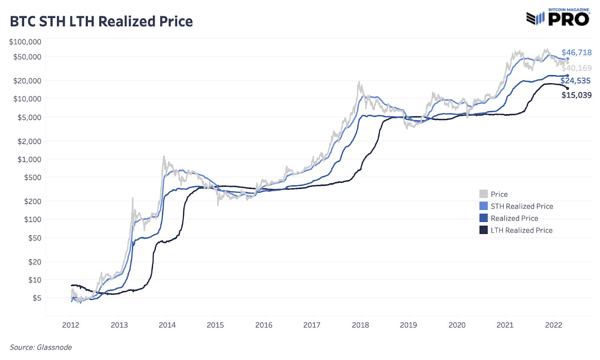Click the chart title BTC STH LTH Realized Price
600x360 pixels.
(x=101, y=21)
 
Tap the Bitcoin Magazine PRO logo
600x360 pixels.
(x=558, y=18)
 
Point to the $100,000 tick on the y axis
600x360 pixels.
(x=25, y=42)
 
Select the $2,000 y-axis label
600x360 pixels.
(x=29, y=141)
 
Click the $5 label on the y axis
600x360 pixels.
(x=37, y=298)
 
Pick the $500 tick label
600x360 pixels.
(x=33, y=177)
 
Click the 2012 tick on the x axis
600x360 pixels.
(x=70, y=325)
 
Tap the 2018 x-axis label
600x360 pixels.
(x=360, y=325)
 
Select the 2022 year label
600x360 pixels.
(x=553, y=325)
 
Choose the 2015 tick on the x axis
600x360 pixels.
(x=215, y=325)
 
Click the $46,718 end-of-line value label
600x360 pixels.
(x=576, y=52)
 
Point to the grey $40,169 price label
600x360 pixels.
(x=576, y=68)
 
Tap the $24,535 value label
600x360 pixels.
(x=576, y=81)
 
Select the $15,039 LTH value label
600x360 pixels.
(x=576, y=95)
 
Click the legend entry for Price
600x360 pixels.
(x=499, y=194)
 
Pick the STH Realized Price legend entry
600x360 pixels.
(x=522, y=206)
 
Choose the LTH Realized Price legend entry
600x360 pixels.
(x=521, y=230)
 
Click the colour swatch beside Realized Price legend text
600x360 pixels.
(x=483, y=218)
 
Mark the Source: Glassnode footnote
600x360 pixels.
(x=41, y=347)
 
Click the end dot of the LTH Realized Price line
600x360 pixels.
(x=567, y=88)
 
